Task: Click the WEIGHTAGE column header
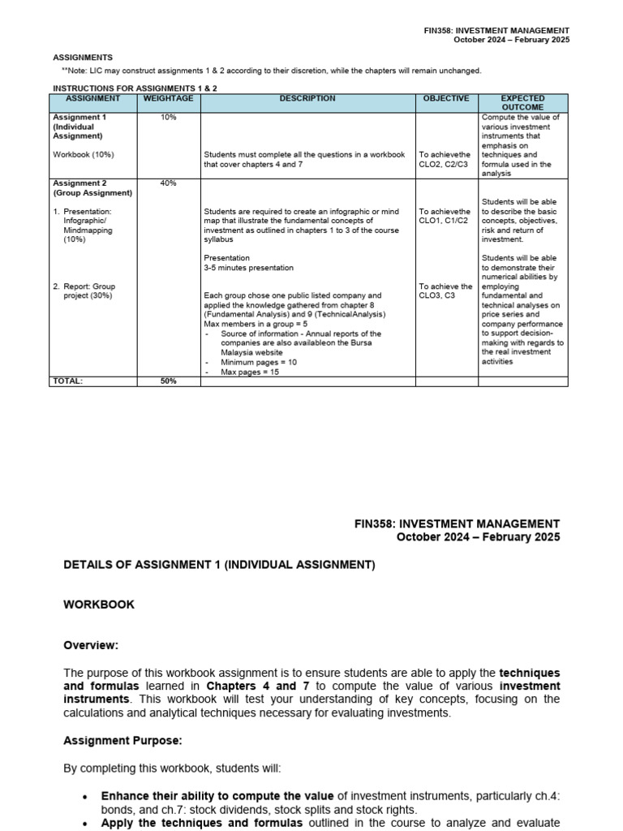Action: [168, 98]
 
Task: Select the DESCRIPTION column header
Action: [307, 98]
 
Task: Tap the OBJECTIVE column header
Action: [446, 98]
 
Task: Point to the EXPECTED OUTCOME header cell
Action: [522, 102]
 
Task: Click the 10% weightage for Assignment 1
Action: [168, 118]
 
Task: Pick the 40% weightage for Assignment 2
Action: [168, 183]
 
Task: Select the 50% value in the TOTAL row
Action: [168, 381]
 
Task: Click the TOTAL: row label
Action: [68, 381]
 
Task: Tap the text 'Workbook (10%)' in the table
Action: [83, 154]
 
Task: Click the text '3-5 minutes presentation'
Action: [248, 268]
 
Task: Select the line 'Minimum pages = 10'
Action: [259, 362]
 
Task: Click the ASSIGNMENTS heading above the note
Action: [83, 58]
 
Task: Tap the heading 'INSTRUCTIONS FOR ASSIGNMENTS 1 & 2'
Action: [135, 88]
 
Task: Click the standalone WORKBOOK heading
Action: [99, 605]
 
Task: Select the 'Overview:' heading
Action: [91, 645]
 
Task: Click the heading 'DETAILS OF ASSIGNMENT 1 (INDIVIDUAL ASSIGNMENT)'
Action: [219, 565]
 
